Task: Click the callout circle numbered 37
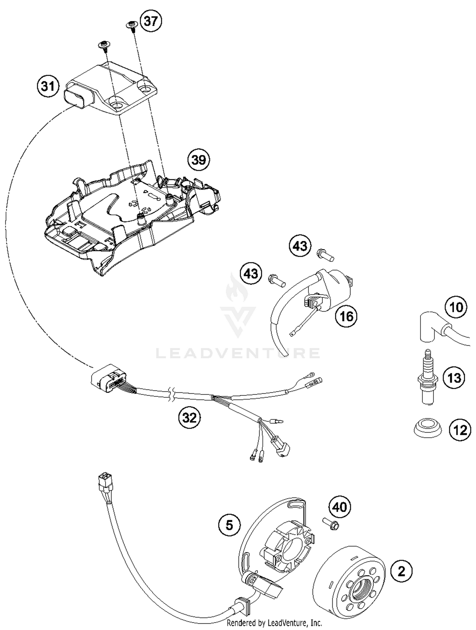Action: point(151,21)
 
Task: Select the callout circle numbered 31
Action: point(48,86)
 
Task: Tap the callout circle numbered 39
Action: point(199,160)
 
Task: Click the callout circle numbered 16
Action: point(346,316)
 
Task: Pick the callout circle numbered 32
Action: point(189,418)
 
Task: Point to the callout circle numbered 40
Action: point(340,507)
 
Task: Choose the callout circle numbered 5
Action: point(229,525)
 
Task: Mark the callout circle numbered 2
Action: point(401,571)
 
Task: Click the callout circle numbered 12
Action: point(460,430)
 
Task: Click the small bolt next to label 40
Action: point(331,523)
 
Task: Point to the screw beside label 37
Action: point(131,25)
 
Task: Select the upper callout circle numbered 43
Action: point(300,246)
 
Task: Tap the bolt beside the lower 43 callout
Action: point(277,280)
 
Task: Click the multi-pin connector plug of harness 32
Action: point(108,379)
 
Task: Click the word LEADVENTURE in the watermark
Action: point(238,353)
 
